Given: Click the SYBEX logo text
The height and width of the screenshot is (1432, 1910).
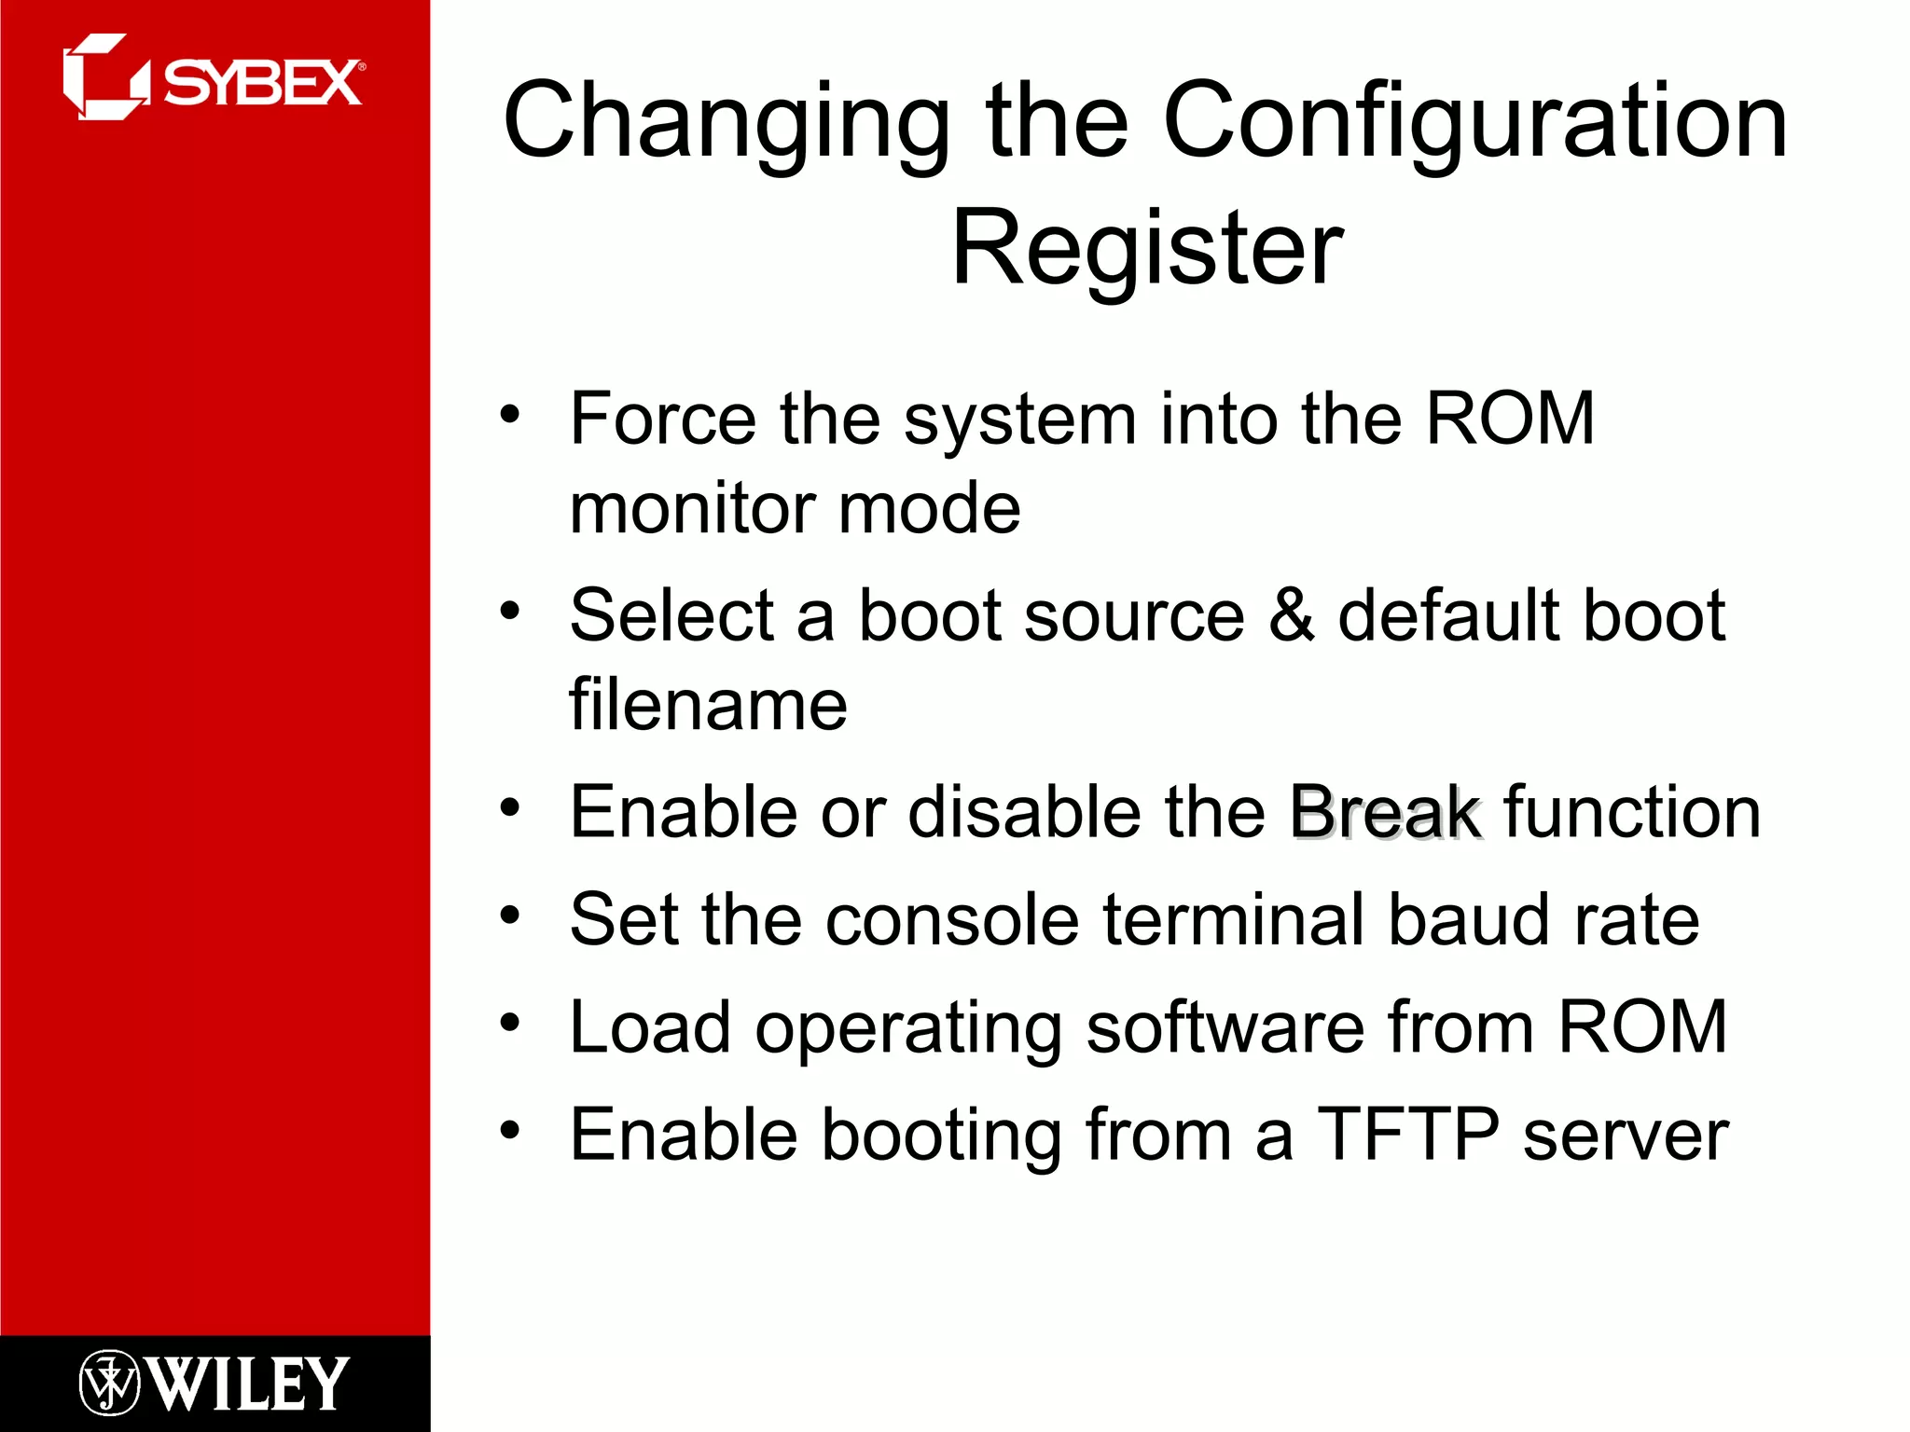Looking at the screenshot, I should pos(263,84).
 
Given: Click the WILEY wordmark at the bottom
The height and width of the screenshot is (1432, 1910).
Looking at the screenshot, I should pos(249,1384).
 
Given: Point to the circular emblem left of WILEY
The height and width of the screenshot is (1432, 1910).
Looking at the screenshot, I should pos(108,1383).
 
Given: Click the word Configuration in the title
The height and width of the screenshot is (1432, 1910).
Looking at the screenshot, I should pos(1475,121).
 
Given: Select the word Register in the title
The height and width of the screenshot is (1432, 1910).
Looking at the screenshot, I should pos(1146,248).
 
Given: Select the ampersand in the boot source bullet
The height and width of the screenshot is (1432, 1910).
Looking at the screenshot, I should pos(1292,615).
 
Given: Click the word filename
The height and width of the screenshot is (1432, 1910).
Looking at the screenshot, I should pos(708,705).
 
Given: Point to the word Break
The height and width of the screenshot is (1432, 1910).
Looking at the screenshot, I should pos(1384,811).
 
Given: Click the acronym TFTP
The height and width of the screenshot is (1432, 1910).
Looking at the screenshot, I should pos(1407,1135).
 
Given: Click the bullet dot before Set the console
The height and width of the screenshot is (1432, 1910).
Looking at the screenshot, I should pos(509,915).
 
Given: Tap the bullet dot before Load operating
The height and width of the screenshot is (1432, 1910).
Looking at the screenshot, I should pos(509,1023).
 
